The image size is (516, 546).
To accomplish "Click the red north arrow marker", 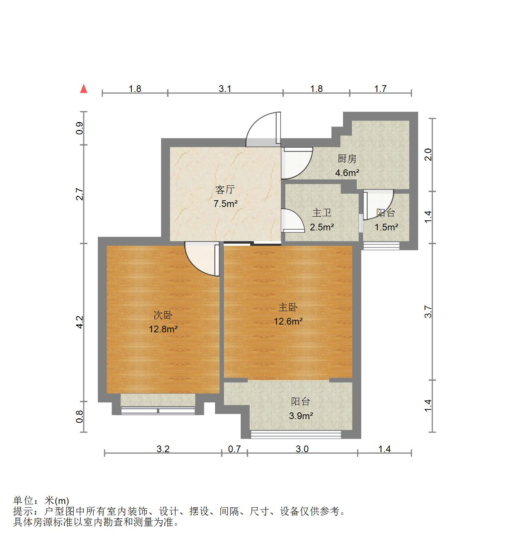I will coord(84,89).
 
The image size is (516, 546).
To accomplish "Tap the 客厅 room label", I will coord(225,190).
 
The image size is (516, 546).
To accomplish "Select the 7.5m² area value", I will coord(225,204).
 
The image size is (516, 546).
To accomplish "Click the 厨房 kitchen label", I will coord(347,159).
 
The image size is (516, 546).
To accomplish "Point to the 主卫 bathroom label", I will coord(322,213).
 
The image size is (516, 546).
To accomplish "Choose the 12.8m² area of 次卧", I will coord(163,329).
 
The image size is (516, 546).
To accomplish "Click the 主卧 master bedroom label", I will coord(288,307).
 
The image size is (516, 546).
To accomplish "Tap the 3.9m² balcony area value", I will coord(301,416).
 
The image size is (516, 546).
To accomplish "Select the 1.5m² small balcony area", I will coord(387,227).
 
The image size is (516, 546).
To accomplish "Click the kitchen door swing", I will coord(296,162).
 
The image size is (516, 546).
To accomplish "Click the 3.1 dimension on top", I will coord(225,89).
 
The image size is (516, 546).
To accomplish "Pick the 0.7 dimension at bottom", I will coord(234,449).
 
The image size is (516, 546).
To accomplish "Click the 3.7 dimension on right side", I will coord(428,312).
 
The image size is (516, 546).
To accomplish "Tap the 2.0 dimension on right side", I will coord(428,154).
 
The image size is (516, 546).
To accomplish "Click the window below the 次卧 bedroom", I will coord(158,411).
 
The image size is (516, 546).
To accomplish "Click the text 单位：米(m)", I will coord(41,501).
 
